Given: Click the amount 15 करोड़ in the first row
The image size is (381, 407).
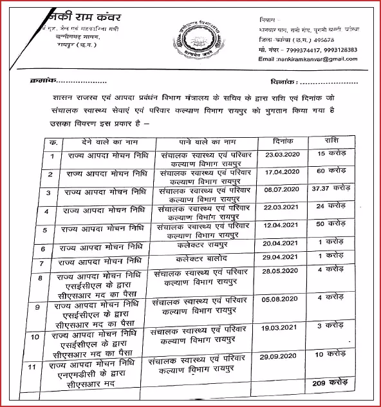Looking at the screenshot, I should [x=333, y=155].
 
